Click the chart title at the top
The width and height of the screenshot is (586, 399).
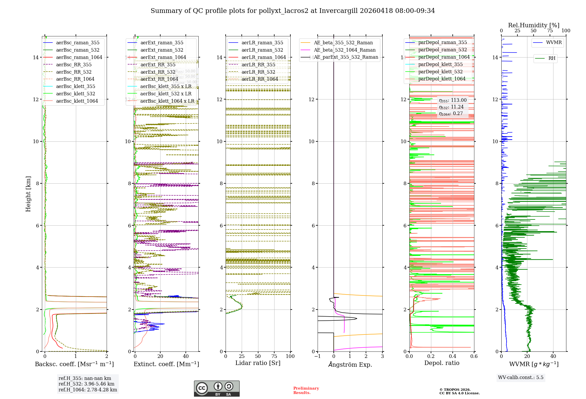(293, 11)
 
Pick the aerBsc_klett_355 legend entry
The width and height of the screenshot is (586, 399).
(76, 86)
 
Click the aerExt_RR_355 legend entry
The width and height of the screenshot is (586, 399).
(158, 65)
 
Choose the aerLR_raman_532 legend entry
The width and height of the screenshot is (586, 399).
(262, 50)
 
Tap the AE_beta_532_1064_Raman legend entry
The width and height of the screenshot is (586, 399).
(345, 50)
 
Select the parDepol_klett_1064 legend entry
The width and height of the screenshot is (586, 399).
(442, 79)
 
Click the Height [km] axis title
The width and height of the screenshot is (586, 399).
(28, 194)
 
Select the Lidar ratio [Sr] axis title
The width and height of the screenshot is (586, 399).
(258, 363)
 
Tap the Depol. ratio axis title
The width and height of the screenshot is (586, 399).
(442, 363)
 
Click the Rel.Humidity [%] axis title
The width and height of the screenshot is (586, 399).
(534, 25)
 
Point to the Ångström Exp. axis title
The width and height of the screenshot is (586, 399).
(350, 364)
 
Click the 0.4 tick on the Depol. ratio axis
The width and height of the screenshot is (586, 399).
(452, 356)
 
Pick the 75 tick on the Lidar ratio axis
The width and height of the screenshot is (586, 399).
(274, 356)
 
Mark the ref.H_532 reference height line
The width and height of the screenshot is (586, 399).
(86, 384)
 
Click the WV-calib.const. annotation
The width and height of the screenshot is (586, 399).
(521, 377)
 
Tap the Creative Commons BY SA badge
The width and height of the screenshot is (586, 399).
(217, 388)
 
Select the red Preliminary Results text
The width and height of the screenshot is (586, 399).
(306, 390)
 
